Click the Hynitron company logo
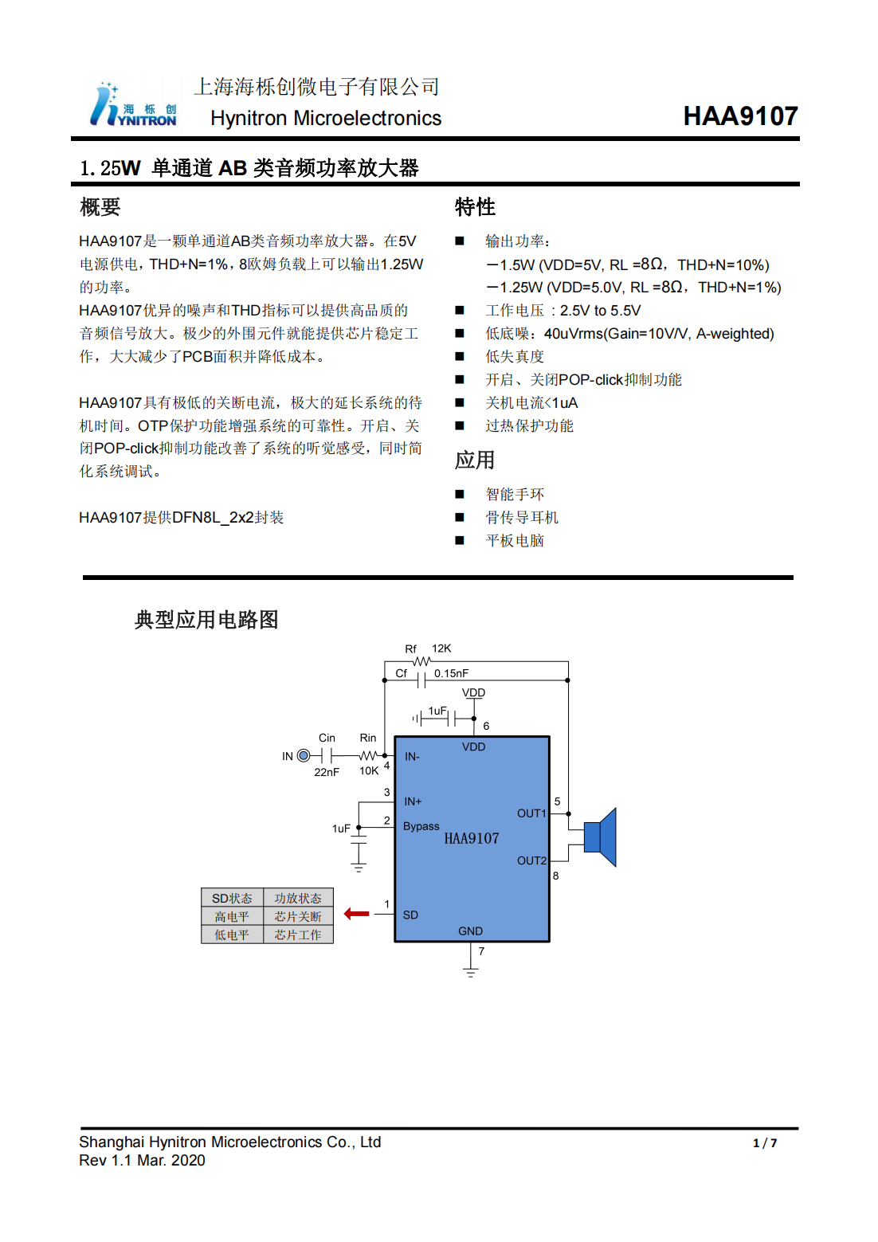pos(133,106)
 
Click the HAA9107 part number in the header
pos(739,116)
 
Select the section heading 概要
pos(100,207)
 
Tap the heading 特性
pos(475,207)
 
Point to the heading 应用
pos(475,460)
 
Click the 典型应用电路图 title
pos(206,620)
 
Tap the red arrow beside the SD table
pos(356,914)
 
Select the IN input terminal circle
pos(304,756)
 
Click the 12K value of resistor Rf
pos(441,648)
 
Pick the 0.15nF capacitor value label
pos(451,673)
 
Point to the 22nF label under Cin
pos(327,772)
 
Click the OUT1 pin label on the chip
pos(531,813)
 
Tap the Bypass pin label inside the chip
pos(421,826)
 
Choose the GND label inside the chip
pos(470,931)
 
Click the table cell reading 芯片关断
pos(298,917)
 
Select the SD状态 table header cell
pos(232,899)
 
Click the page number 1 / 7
pos(764,1143)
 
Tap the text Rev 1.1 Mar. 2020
pos(142,1161)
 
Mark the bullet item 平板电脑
pos(515,541)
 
